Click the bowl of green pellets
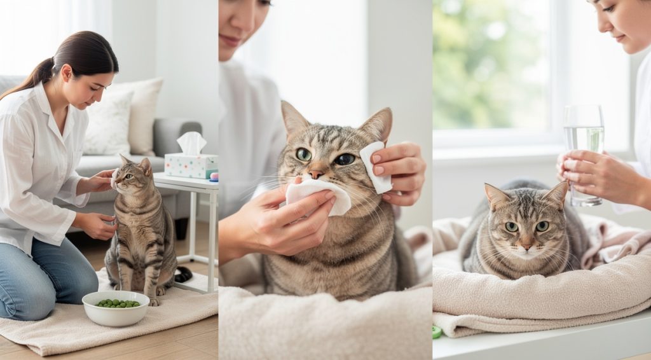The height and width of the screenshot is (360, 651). pos(116,308)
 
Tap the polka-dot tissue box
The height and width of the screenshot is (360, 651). pos(191,165)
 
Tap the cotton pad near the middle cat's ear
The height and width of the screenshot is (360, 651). pos(375,167)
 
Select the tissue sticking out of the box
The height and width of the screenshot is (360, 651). pos(191,142)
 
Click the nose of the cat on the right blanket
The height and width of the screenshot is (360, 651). pos(526,242)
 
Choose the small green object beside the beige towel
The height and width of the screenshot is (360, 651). pos(437,332)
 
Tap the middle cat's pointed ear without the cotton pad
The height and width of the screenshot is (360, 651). pos(294,120)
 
